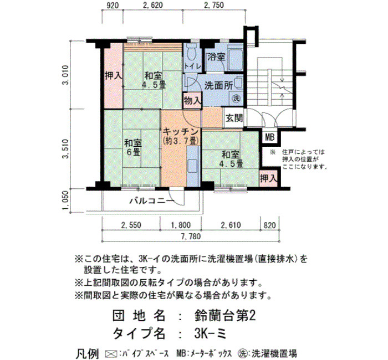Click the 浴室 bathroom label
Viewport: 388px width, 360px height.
coord(216,56)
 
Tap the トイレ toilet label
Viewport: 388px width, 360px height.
coord(192,66)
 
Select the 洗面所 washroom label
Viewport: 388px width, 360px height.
coord(219,85)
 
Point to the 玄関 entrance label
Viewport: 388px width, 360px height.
coord(234,118)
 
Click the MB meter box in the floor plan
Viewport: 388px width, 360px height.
coord(270,137)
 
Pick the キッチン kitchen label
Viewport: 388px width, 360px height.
coord(181,131)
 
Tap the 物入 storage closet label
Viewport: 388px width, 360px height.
coord(192,100)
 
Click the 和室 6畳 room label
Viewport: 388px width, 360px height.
coord(133,147)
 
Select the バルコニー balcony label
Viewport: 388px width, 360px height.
coord(152,200)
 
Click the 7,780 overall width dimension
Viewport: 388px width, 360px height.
coord(191,236)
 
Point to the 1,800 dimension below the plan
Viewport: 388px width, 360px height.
coord(181,225)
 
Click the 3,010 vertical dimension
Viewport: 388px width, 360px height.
coord(65,75)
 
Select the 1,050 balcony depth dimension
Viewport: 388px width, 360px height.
coord(65,200)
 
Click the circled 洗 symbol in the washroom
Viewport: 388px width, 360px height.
coord(236,99)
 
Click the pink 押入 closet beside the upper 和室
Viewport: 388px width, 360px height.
coord(113,76)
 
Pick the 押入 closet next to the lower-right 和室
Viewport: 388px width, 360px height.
coord(268,178)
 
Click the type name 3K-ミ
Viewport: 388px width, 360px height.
coord(210,334)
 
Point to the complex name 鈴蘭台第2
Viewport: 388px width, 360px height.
coord(224,316)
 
